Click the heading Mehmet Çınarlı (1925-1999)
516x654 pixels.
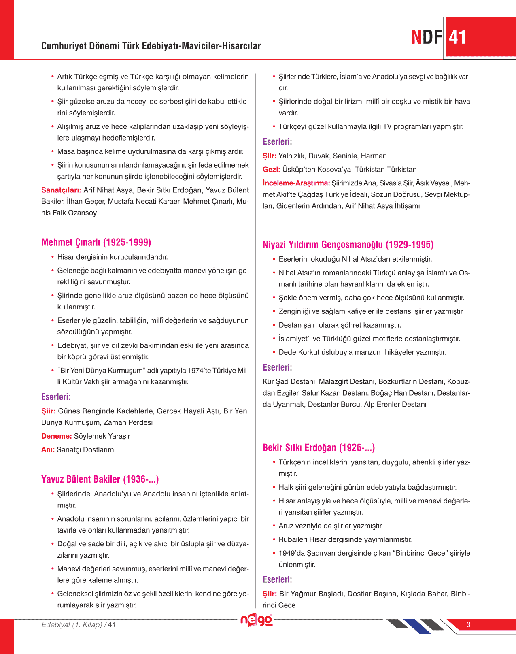pyautogui.click(x=96, y=242)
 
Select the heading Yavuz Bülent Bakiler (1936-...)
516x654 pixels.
pyautogui.click(x=100, y=479)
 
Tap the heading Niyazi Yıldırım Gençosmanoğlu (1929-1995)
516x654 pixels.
pyautogui.click(x=348, y=245)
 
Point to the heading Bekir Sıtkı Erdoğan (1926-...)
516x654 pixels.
pyautogui.click(x=319, y=447)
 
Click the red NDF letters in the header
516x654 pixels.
pyautogui.click(x=427, y=37)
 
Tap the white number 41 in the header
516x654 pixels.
pyautogui.click(x=458, y=37)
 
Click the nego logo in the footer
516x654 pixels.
pyautogui.click(x=257, y=620)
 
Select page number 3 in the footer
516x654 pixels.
pyautogui.click(x=469, y=624)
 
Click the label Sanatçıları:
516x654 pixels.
pyautogui.click(x=61, y=190)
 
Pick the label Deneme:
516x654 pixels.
pyautogui.click(x=56, y=436)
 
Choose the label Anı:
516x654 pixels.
pyautogui.click(x=48, y=450)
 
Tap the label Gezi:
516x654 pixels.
pyautogui.click(x=271, y=170)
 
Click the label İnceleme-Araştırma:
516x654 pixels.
pyautogui.click(x=296, y=183)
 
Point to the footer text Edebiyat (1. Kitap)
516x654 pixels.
pyautogui.click(x=72, y=625)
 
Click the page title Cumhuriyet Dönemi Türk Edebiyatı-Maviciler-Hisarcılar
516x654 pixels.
pyautogui.click(x=151, y=46)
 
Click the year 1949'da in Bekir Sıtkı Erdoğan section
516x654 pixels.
pyautogui.click(x=291, y=553)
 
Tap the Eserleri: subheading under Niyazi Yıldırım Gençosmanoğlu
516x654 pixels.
pyautogui.click(x=277, y=367)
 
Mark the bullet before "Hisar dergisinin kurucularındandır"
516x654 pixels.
pyautogui.click(x=53, y=257)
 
